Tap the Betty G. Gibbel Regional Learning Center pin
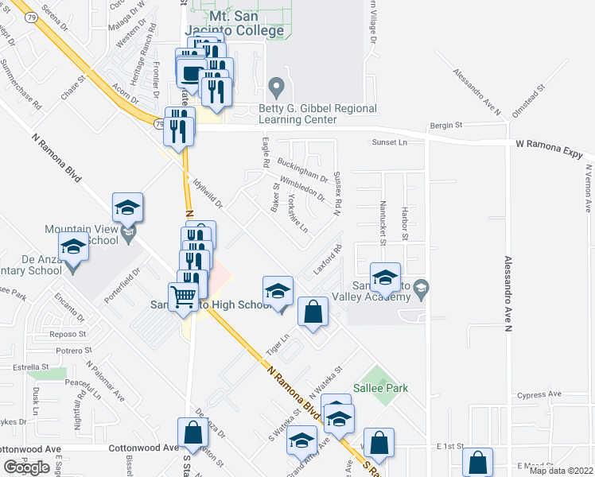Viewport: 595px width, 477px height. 276,85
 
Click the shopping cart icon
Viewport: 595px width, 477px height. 185,297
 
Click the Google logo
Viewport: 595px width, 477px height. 26,467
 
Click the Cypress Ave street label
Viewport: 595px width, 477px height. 539,394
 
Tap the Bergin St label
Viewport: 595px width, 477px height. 446,126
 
